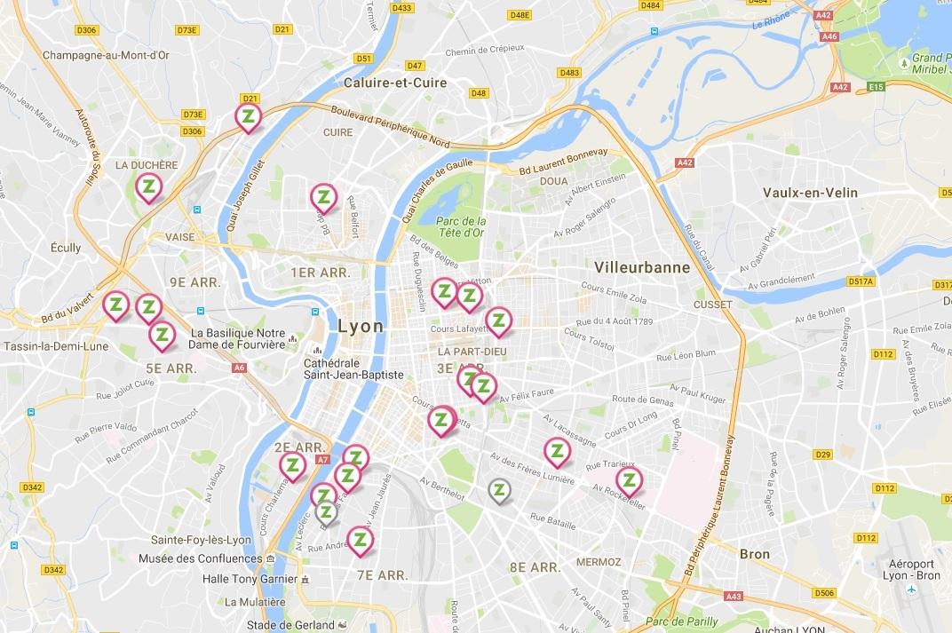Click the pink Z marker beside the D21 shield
point(249,116)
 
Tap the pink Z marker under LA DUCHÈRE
point(148,186)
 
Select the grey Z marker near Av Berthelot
point(500,489)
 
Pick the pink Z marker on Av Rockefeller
point(629,481)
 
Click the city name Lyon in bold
point(361,327)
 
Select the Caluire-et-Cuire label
point(394,83)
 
